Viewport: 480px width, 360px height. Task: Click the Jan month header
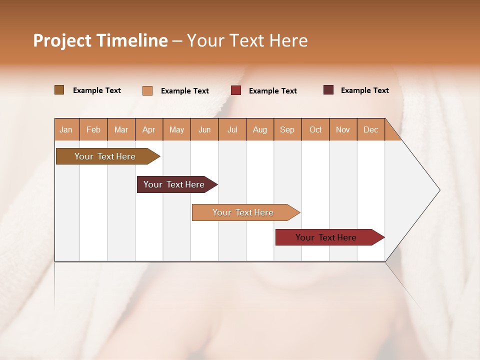(66, 129)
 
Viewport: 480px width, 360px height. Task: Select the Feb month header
(93, 129)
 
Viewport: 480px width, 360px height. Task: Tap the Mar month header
(121, 129)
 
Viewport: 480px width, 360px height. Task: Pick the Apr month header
(149, 129)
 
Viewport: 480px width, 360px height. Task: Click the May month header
(176, 129)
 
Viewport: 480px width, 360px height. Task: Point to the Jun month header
(204, 129)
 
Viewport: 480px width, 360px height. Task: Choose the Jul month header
(232, 129)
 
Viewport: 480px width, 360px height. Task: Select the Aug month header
(260, 129)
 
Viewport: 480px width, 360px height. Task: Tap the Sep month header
(287, 129)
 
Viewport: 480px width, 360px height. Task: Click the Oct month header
(315, 129)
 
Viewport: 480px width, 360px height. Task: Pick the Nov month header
(343, 129)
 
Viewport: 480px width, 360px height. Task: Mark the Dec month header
(371, 129)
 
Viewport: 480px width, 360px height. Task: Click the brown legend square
(59, 90)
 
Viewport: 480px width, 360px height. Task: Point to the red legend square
(236, 90)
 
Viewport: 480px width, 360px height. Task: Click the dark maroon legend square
(328, 90)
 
